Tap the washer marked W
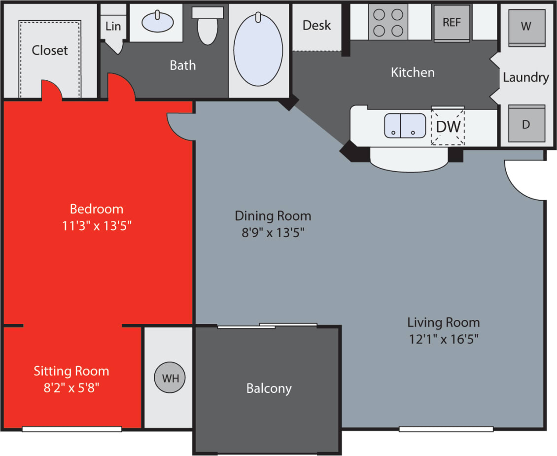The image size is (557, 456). tap(526, 27)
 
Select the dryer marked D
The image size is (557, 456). tap(526, 124)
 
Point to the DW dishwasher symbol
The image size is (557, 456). tap(448, 127)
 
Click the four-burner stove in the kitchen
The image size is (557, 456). tap(388, 22)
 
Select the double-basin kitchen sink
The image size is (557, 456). tap(405, 125)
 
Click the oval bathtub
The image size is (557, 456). tap(258, 50)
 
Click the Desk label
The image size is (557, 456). tap(316, 25)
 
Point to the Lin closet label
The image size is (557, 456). tap(113, 26)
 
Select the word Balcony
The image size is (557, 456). tap(269, 388)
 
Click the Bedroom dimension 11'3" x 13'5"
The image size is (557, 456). tap(96, 226)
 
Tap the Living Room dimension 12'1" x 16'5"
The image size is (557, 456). tap(443, 339)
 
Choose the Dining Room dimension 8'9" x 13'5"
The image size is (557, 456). tap(273, 233)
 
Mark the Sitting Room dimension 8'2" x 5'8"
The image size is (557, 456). tap(71, 387)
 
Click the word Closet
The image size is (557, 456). tap(50, 50)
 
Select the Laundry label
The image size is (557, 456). tap(525, 77)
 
